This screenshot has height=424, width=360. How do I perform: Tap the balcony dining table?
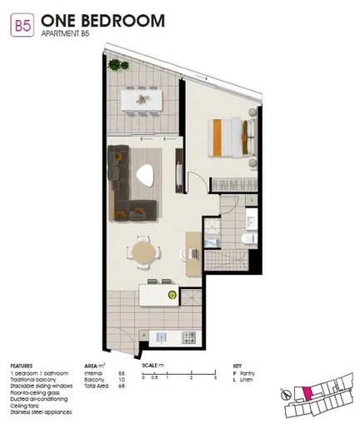tap(140, 99)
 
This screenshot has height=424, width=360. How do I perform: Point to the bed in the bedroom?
tap(227, 134)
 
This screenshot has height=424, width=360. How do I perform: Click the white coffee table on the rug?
tap(147, 176)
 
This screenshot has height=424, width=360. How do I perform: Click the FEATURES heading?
tap(22, 365)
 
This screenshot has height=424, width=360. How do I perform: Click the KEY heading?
tap(237, 365)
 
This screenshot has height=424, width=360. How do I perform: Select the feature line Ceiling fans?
tap(27, 406)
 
